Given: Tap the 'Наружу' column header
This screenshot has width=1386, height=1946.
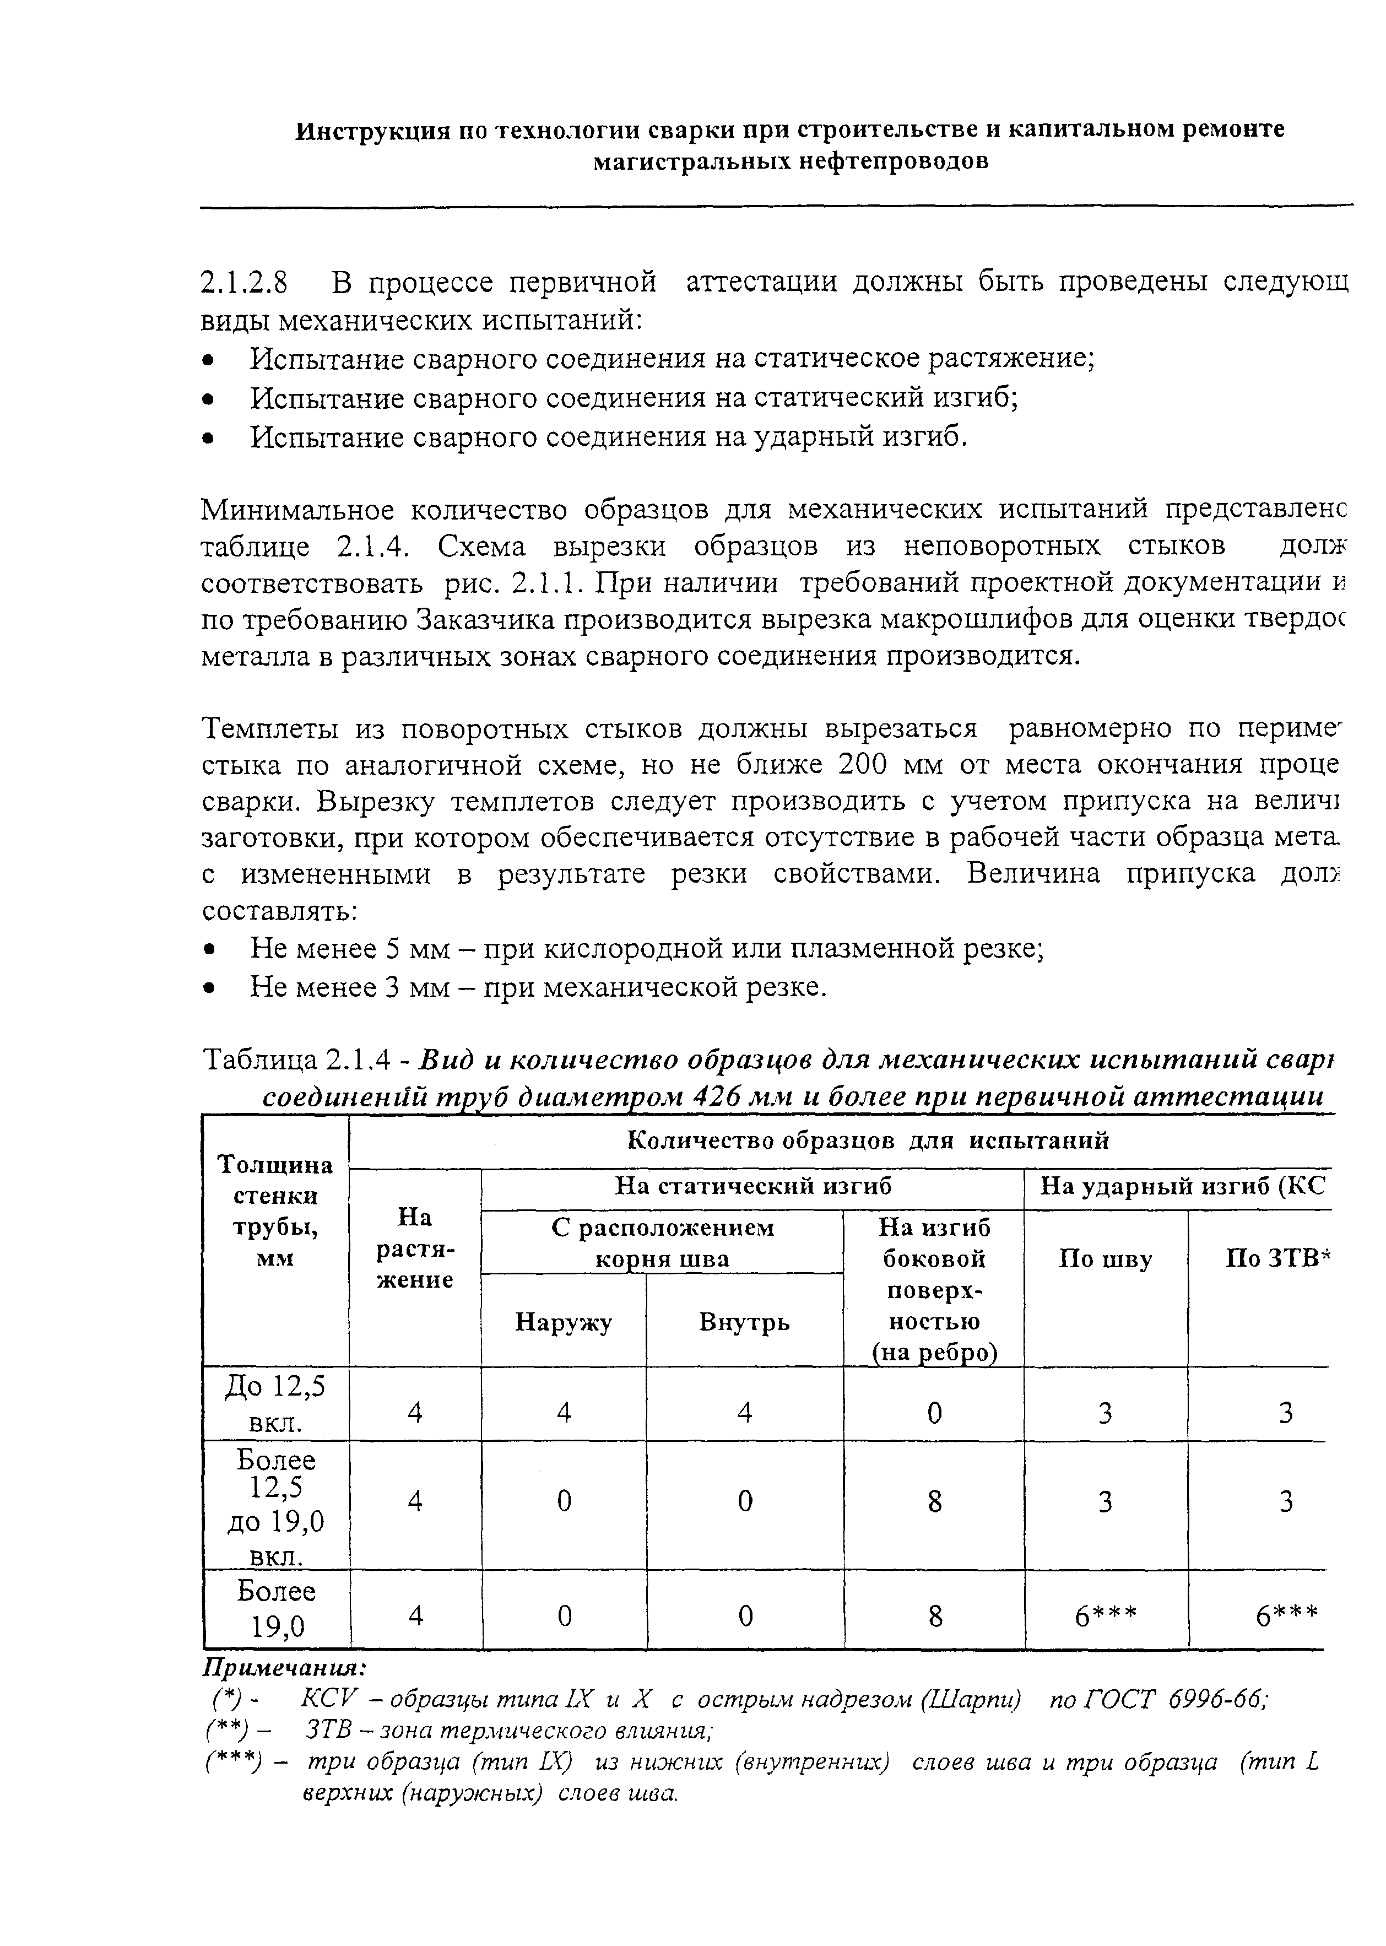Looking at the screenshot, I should pyautogui.click(x=564, y=1323).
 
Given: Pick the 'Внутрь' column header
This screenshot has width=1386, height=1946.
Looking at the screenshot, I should pyautogui.click(x=744, y=1323).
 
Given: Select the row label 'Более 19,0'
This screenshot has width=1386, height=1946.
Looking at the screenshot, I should pyautogui.click(x=275, y=1610).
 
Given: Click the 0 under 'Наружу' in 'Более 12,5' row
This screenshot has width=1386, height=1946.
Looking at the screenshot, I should pyautogui.click(x=564, y=1501).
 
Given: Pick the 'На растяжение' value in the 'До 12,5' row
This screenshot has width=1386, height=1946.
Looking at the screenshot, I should pyautogui.click(x=415, y=1413).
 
